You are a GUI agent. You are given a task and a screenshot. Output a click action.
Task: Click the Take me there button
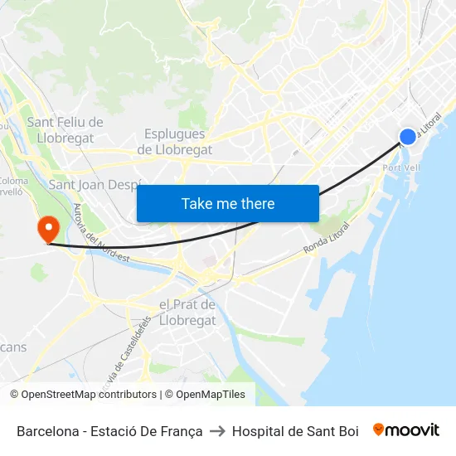pyautogui.click(x=228, y=203)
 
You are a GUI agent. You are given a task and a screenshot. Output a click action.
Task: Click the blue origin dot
pyautogui.click(x=407, y=137)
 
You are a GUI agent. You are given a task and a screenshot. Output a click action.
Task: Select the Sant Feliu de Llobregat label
pyautogui.click(x=65, y=130)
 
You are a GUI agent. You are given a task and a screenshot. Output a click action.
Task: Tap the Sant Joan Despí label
pyautogui.click(x=95, y=184)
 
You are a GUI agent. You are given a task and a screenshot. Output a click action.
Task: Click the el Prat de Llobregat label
pyautogui.click(x=187, y=312)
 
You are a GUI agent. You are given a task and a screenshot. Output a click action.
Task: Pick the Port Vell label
pyautogui.click(x=402, y=167)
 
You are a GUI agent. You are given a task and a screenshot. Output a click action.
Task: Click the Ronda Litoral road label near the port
pyautogui.click(x=326, y=238)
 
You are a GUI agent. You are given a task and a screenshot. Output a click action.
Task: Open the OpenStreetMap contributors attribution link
pyautogui.click(x=83, y=395)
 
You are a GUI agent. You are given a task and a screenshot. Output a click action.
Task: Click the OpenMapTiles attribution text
pyautogui.click(x=210, y=395)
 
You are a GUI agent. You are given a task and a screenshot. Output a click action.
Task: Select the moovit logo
pyautogui.click(x=405, y=430)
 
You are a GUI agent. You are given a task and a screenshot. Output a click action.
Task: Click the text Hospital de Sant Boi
pyautogui.click(x=295, y=431)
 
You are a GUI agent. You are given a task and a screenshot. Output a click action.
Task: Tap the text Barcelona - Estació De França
pyautogui.click(x=109, y=431)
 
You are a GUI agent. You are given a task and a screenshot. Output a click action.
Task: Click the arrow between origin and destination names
pyautogui.click(x=217, y=431)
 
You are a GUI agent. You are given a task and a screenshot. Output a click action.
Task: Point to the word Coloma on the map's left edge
pyautogui.click(x=13, y=181)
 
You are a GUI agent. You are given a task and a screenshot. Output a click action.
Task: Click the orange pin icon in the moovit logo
pyautogui.click(x=379, y=429)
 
